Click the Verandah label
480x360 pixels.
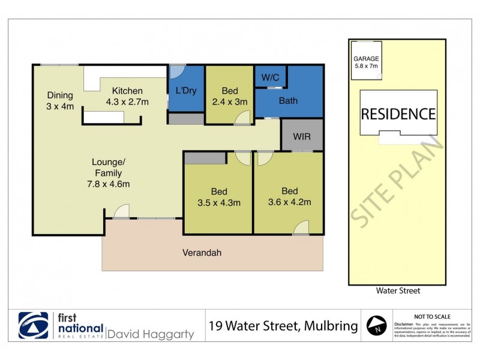point(202,253)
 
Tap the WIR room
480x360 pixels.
point(302,137)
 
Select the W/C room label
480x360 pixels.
point(271,77)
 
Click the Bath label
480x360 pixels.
point(288,100)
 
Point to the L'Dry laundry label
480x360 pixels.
point(186,91)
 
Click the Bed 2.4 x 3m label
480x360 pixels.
point(229,96)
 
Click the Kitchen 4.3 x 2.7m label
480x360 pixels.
point(127,96)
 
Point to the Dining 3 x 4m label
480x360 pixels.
point(61,101)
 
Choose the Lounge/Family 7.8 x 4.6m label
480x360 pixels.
point(107,173)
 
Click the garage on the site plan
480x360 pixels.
point(365,62)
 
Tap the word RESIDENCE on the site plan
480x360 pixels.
point(398,114)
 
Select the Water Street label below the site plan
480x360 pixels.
point(397,291)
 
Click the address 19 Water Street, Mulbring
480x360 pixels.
point(283,326)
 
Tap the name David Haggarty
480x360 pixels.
point(150,334)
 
